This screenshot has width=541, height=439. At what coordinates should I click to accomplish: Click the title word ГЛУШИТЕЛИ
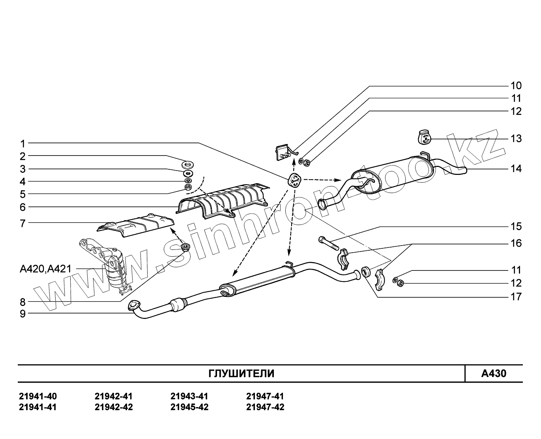[x=241, y=373]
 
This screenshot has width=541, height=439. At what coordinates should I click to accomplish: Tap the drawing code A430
[x=493, y=373]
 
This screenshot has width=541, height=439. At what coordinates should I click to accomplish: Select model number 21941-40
[x=38, y=396]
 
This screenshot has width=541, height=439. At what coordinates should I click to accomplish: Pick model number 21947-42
[x=265, y=407]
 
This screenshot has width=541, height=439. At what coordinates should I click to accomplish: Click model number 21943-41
[x=189, y=396]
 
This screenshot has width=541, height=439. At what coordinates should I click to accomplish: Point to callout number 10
[x=516, y=86]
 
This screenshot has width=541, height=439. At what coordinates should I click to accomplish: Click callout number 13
[x=516, y=139]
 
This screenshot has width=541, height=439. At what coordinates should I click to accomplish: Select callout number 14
[x=516, y=169]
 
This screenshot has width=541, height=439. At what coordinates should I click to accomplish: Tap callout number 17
[x=516, y=296]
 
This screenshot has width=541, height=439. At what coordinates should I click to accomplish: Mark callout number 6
[x=23, y=207]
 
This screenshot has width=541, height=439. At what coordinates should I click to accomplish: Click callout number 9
[x=23, y=314]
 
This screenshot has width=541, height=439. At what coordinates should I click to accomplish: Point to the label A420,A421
[x=45, y=269]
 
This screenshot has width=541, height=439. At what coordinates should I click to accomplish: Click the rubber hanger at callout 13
[x=424, y=137]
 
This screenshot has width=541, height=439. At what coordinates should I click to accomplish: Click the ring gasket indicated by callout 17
[x=365, y=272]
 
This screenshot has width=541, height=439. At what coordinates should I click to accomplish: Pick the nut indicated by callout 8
[x=184, y=248]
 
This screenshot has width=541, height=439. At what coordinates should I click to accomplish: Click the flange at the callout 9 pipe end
[x=134, y=305]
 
